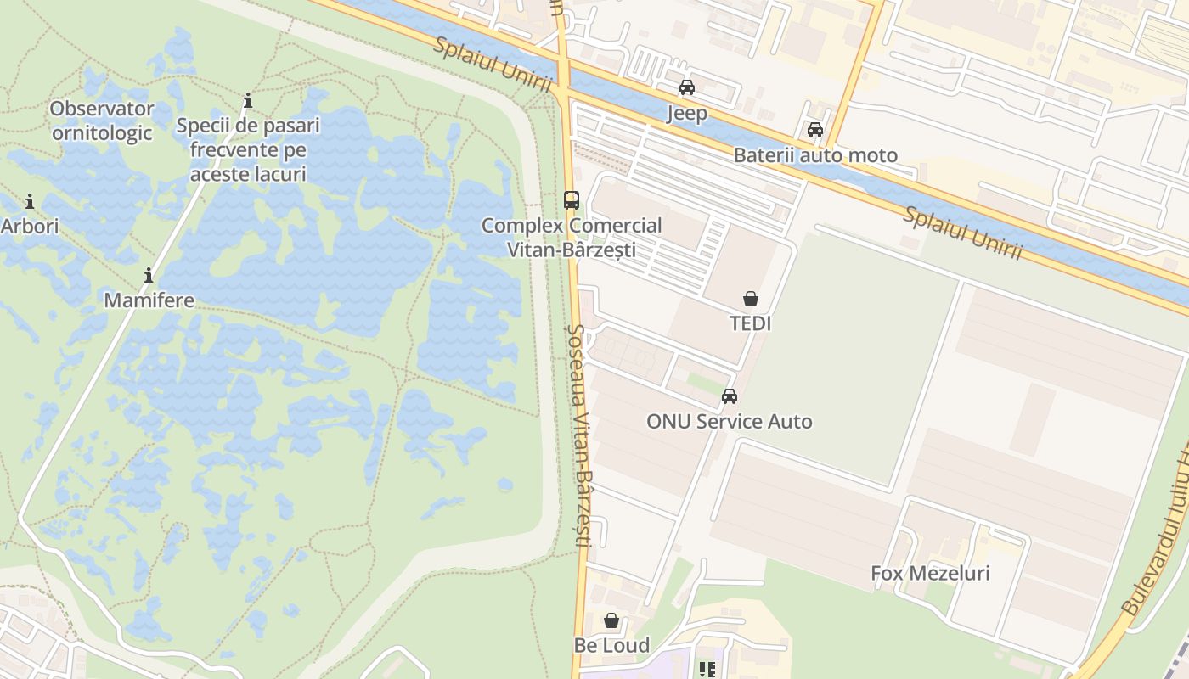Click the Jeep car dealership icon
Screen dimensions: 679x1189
click(x=686, y=87)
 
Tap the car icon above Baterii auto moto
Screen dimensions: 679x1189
click(x=814, y=130)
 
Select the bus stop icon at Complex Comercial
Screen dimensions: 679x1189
click(x=572, y=200)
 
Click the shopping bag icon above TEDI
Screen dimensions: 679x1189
click(x=751, y=299)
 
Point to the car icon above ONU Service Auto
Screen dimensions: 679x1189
click(x=729, y=396)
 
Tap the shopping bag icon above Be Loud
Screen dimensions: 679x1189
click(x=611, y=620)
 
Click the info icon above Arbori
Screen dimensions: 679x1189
click(x=30, y=202)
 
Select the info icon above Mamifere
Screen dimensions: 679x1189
click(x=149, y=276)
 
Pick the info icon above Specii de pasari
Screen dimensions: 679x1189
click(x=248, y=102)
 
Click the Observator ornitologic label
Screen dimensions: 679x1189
click(x=102, y=121)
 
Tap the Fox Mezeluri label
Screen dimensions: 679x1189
click(x=930, y=573)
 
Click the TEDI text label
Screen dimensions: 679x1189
click(x=751, y=323)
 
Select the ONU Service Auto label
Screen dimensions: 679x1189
click(x=729, y=421)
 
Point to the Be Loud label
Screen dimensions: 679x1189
click(x=611, y=645)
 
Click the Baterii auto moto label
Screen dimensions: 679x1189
click(x=815, y=155)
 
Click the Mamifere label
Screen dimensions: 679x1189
click(x=149, y=300)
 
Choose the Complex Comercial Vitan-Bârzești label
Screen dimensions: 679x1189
click(x=572, y=238)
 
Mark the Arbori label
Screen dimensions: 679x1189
click(x=30, y=227)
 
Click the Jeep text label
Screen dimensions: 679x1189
click(x=686, y=113)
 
